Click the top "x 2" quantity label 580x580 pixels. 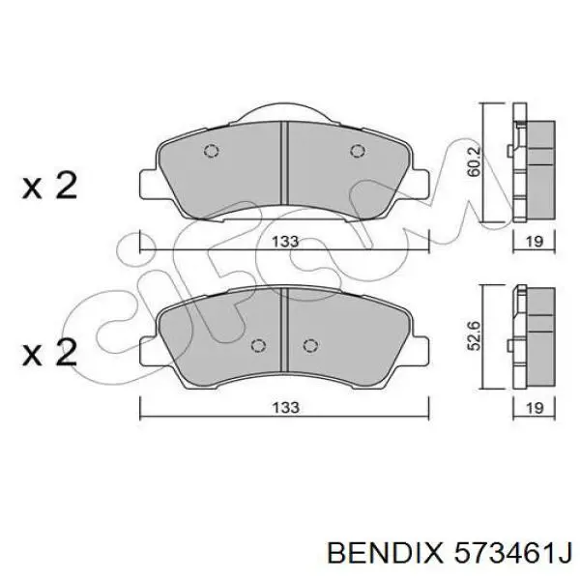[49, 186]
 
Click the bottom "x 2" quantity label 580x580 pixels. [49, 353]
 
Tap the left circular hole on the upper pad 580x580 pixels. [212, 151]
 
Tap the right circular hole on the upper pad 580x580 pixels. [358, 151]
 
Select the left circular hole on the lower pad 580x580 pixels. [257, 347]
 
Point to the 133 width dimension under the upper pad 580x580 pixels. [284, 242]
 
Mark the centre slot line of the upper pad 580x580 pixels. [283, 159]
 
